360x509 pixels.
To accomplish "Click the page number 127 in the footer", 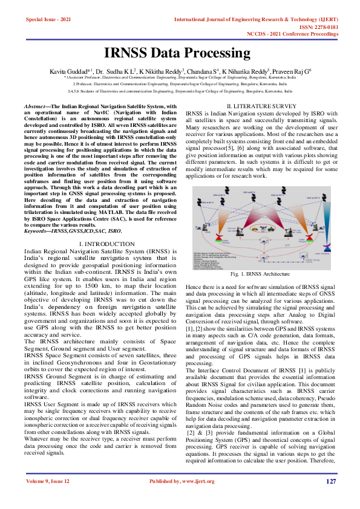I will point(331,498).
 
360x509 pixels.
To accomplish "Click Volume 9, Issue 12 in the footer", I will point(47,498).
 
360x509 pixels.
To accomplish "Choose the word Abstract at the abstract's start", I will point(37,106).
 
